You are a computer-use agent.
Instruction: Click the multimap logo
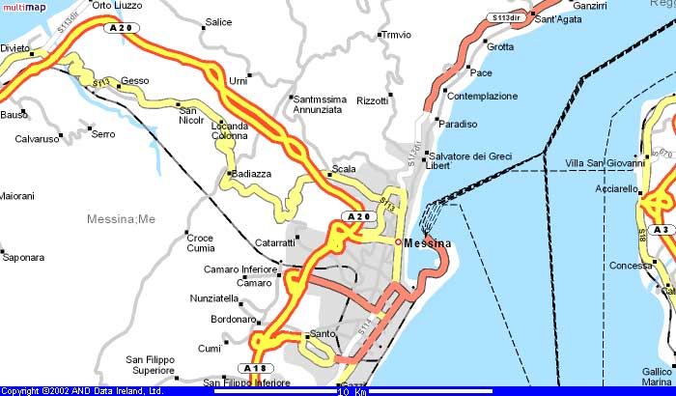24,9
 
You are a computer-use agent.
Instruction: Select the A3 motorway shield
662,230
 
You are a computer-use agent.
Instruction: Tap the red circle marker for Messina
398,241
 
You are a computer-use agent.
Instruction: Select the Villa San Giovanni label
605,163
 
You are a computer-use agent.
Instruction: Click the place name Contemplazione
483,97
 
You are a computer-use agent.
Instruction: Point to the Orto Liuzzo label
116,5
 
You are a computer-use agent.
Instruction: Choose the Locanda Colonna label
230,131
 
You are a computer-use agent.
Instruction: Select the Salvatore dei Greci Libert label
470,160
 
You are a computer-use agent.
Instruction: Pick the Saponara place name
24,258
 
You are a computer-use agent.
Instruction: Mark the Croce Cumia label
200,242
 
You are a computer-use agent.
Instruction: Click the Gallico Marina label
659,377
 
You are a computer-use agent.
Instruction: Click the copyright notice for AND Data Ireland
82,391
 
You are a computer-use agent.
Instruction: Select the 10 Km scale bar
352,391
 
